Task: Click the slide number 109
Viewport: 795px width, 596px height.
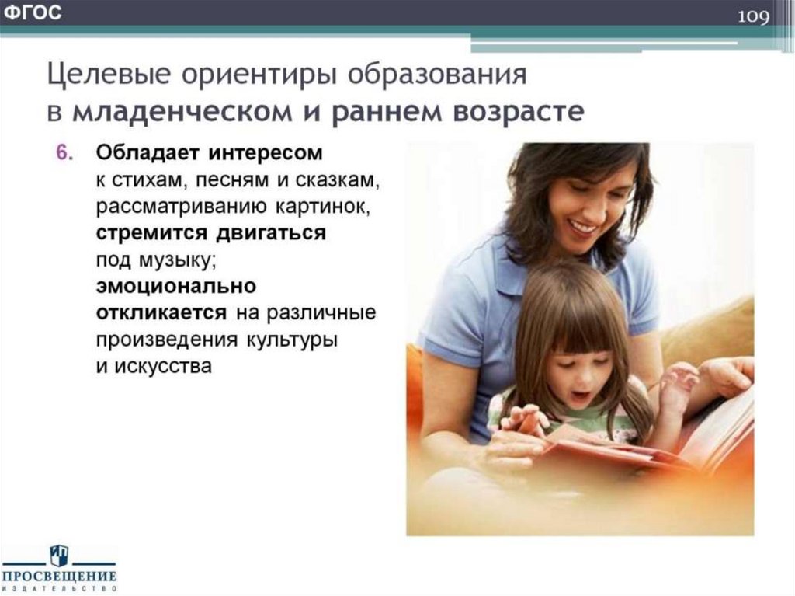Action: [753, 16]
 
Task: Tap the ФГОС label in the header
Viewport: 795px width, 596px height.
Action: [33, 13]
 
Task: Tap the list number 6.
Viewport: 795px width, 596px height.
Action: [63, 152]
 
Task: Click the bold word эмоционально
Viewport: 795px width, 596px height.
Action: [176, 287]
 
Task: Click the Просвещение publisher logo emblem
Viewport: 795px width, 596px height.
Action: [60, 556]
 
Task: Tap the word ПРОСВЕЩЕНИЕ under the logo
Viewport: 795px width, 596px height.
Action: [60, 577]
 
